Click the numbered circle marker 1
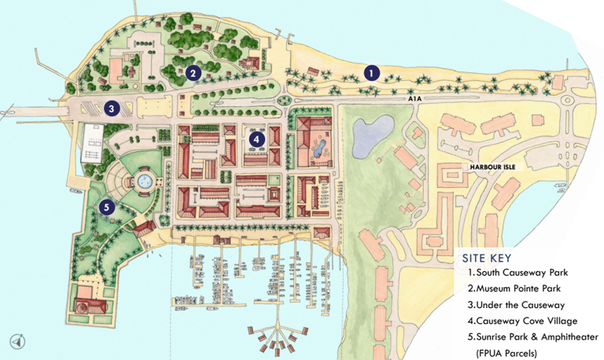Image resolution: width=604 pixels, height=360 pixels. [372, 72]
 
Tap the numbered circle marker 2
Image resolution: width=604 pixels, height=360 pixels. [193, 73]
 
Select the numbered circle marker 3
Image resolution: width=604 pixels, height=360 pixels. [112, 109]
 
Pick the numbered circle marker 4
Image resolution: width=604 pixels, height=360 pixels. [256, 139]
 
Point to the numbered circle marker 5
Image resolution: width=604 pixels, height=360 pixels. [108, 208]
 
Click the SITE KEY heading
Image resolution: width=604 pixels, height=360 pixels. [488, 258]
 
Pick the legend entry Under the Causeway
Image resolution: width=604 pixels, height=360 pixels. [516, 304]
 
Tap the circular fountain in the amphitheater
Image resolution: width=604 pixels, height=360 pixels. [145, 182]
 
